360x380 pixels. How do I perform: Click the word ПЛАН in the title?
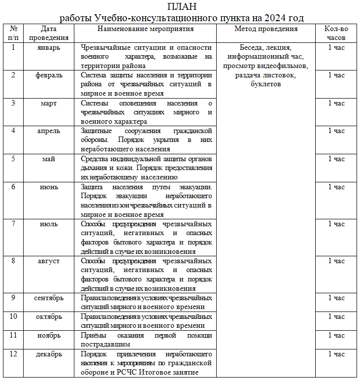pos(182,7)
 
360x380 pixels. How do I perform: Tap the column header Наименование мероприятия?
pos(146,29)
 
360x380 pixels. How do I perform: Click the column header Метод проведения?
pos(266,29)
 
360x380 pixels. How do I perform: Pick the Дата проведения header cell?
pos(49,33)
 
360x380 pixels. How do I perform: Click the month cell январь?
pos(49,48)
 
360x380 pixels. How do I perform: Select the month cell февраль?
pos(49,76)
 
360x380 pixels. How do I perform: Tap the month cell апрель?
pos(49,131)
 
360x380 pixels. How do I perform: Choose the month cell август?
pos(49,261)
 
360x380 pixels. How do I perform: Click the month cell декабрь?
pos(49,354)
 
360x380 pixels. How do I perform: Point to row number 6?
pos(13,187)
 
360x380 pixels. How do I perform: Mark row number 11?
pos(13,336)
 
